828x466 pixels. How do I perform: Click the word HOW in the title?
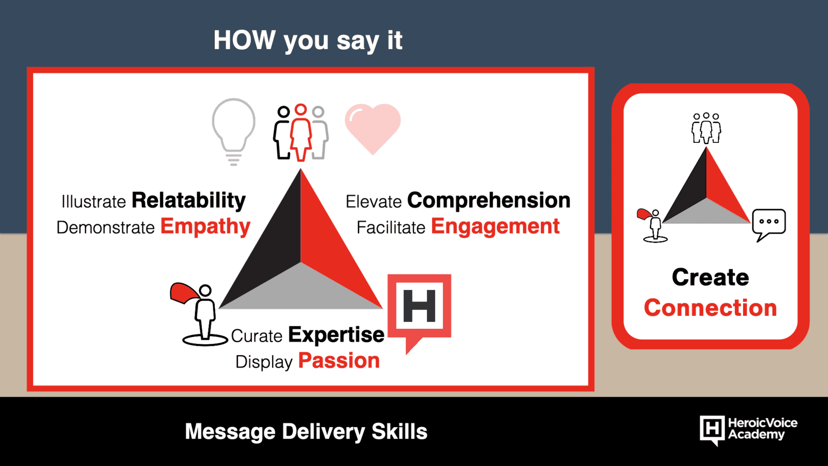[x=244, y=40]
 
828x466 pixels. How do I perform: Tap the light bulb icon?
[x=233, y=132]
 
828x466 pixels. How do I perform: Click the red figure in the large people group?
[x=301, y=133]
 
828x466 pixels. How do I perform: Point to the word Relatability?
[x=188, y=201]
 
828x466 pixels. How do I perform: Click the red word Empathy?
[x=205, y=227]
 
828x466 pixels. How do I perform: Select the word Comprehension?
[x=489, y=201]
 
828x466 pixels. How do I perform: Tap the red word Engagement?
[x=495, y=227]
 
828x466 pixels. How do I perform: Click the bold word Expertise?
[x=336, y=336]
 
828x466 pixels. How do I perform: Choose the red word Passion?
[x=339, y=360]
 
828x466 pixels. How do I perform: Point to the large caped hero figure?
[x=200, y=314]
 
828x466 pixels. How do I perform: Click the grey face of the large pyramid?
[x=301, y=290]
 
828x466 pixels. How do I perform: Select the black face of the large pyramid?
[x=270, y=244]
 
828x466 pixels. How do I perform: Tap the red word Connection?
[x=711, y=308]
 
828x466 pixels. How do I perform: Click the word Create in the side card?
[x=711, y=278]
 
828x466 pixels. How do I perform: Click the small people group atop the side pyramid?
[x=706, y=128]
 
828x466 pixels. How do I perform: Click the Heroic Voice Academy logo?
[x=748, y=430]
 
